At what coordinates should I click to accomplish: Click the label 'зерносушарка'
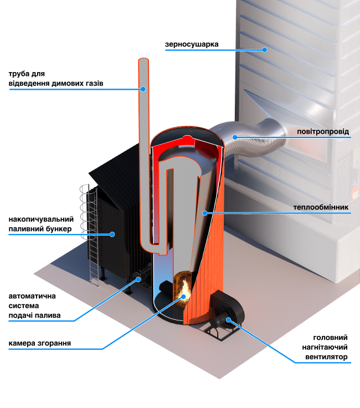coord(192,44)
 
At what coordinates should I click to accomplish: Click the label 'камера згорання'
coord(39,343)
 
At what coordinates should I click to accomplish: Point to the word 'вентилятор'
coord(326,357)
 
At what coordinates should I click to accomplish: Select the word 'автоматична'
coord(32,295)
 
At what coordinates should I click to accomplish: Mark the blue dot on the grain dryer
coord(265,49)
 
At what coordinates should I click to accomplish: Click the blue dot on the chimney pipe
coord(142,88)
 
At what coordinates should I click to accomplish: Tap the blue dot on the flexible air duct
coord(235,137)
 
